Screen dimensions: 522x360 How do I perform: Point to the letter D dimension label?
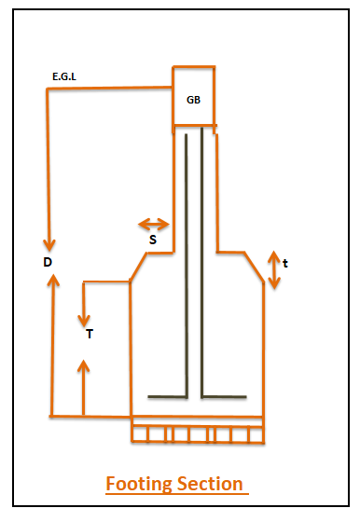47,262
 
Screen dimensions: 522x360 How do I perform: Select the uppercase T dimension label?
89,334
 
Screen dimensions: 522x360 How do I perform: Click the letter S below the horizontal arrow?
152,240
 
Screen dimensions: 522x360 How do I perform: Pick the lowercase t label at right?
284,264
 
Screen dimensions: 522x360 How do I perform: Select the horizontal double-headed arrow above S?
153,224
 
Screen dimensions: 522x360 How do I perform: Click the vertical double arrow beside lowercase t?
273,269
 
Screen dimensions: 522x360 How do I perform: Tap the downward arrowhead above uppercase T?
83,314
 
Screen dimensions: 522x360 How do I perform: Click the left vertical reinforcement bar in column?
187,261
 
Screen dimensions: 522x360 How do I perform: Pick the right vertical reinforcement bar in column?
203,261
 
